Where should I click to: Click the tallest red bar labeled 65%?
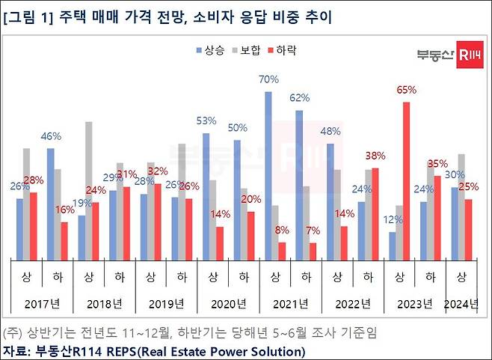click(x=406, y=180)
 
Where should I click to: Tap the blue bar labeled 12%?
click(x=393, y=245)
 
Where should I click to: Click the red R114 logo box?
click(x=470, y=55)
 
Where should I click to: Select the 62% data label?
click(x=299, y=98)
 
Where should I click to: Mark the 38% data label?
click(x=375, y=156)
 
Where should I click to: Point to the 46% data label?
click(x=50, y=136)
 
